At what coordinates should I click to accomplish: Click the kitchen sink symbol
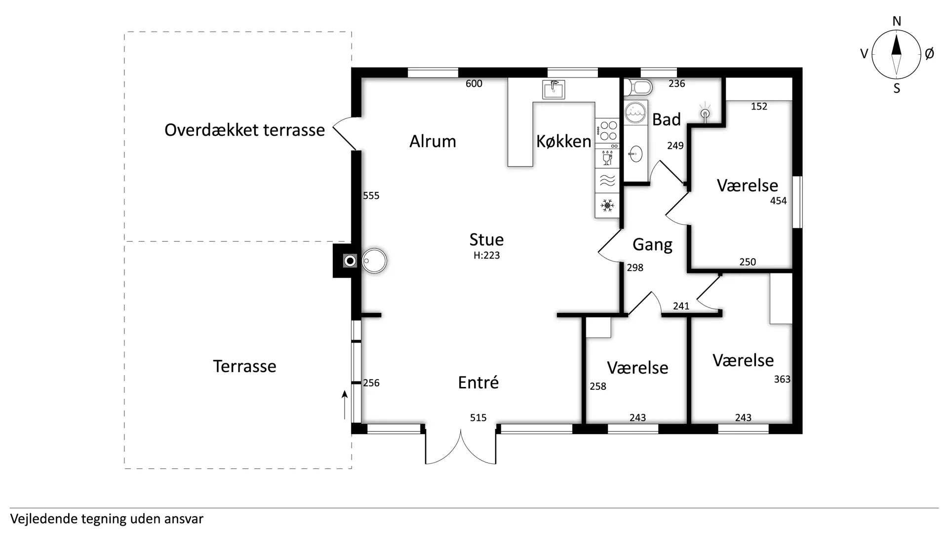[x=553, y=89]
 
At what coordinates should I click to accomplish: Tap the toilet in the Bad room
[x=638, y=88]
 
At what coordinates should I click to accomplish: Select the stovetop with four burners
[x=607, y=131]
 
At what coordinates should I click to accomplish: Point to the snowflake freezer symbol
[x=607, y=205]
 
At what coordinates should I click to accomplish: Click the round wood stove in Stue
[x=374, y=261]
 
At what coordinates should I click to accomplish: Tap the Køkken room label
[x=564, y=142]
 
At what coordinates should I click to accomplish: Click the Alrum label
[x=433, y=142]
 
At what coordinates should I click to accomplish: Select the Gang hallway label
[x=652, y=245]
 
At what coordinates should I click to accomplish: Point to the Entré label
[x=478, y=382]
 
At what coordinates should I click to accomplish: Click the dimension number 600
[x=474, y=84]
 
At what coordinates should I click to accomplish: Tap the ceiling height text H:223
[x=487, y=256]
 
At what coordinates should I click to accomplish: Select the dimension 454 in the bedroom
[x=779, y=201]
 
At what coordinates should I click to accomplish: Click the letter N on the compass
[x=897, y=21]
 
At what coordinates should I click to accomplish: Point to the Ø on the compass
[x=929, y=54]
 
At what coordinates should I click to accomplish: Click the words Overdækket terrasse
[x=244, y=130]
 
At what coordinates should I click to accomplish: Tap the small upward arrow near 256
[x=345, y=405]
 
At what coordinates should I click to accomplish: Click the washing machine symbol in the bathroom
[x=635, y=113]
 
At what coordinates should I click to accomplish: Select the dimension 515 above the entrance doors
[x=478, y=418]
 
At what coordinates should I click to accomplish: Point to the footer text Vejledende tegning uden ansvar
[x=107, y=519]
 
